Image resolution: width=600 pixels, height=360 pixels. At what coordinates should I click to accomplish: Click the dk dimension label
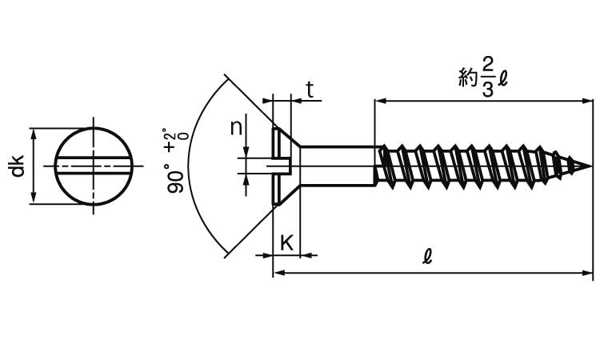pyautogui.click(x=18, y=166)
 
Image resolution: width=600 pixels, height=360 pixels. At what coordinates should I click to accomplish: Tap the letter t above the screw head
pyautogui.click(x=310, y=90)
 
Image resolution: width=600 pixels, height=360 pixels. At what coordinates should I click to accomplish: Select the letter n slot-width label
pyautogui.click(x=237, y=128)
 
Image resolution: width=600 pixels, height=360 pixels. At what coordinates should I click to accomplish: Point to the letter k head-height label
pyautogui.click(x=287, y=242)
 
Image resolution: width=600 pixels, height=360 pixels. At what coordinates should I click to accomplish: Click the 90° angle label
pyautogui.click(x=175, y=178)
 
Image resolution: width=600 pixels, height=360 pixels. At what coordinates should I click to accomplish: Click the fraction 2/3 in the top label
pyautogui.click(x=487, y=78)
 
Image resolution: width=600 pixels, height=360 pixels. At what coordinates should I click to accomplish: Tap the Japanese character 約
pyautogui.click(x=469, y=78)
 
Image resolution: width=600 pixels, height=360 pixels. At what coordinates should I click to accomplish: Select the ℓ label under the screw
pyautogui.click(x=427, y=256)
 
